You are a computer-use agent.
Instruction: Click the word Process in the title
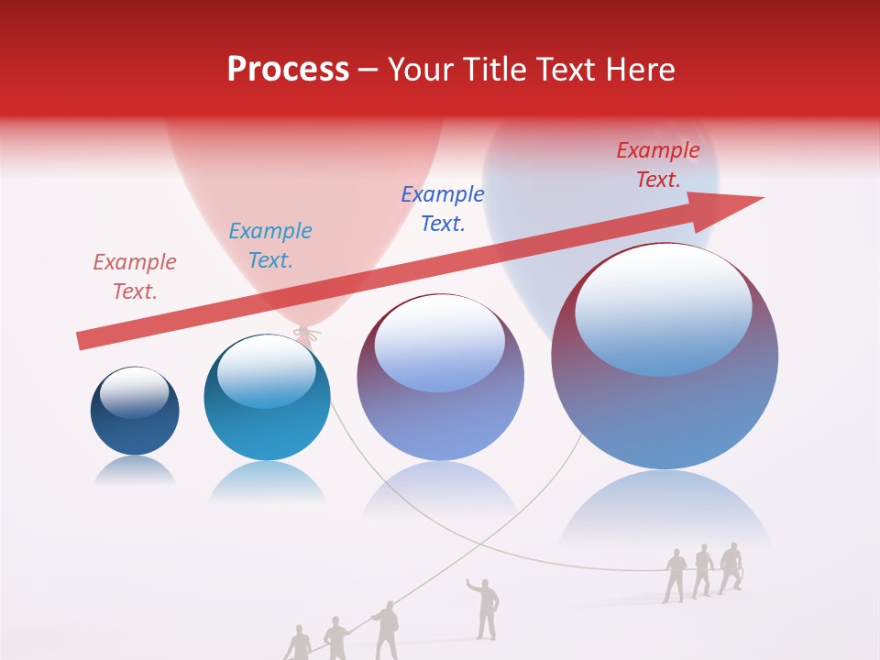pos(288,70)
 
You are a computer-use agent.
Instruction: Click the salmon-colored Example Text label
pos(134,276)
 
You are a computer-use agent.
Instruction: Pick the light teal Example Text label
pos(269,246)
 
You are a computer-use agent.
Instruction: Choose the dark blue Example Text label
pos(443,208)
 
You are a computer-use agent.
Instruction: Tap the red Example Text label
pos(657,165)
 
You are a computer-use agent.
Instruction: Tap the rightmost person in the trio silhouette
pos(730,567)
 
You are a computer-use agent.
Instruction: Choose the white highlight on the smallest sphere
pos(134,392)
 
